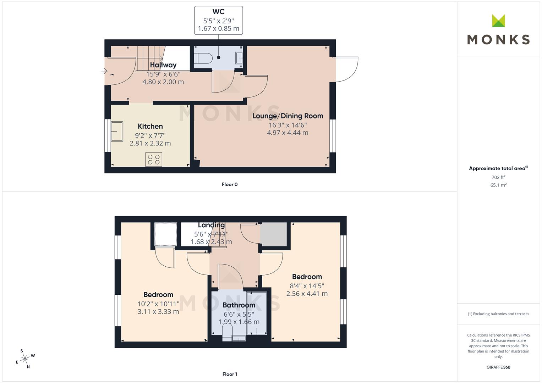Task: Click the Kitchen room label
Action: [150, 126]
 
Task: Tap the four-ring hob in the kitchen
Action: [154, 160]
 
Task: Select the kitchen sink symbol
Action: [117, 132]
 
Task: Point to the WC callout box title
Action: [218, 12]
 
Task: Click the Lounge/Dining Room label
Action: [288, 116]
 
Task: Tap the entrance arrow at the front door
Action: [104, 71]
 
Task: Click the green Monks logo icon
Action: [498, 21]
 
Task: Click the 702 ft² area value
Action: [498, 177]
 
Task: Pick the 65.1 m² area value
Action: [498, 185]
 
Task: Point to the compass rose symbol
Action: [25, 359]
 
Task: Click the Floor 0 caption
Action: [230, 184]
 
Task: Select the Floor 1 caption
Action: [230, 374]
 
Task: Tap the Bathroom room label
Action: [239, 305]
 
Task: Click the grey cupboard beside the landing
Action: [273, 234]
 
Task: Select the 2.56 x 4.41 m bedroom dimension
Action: [307, 294]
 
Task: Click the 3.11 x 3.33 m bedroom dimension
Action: [158, 312]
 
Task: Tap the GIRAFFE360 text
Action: [498, 367]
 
